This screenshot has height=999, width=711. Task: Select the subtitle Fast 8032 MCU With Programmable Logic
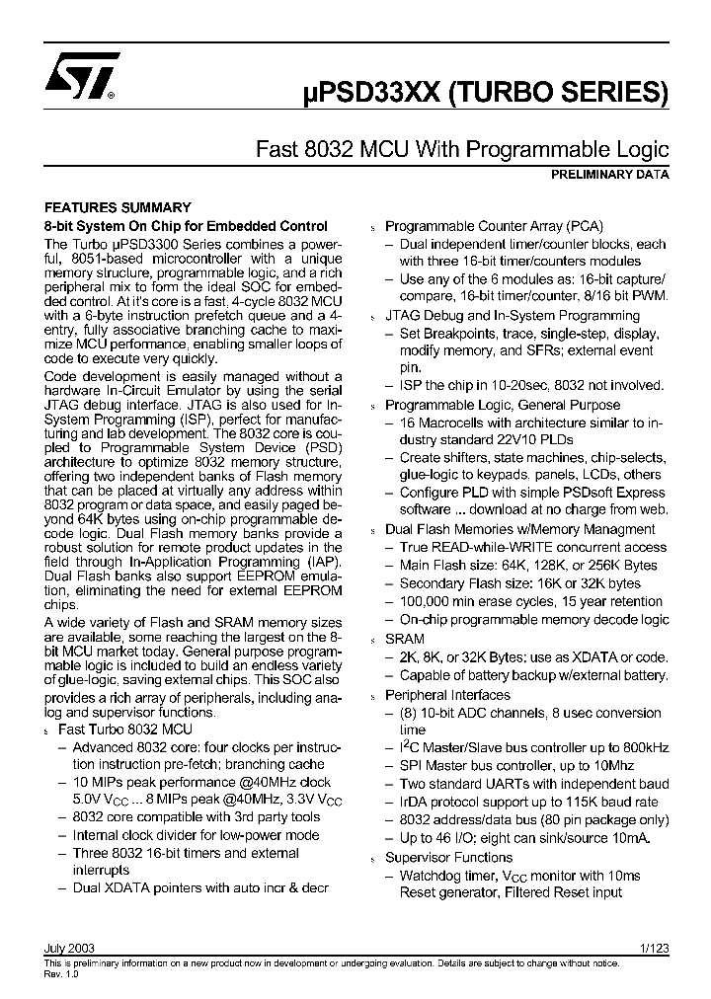pyautogui.click(x=462, y=150)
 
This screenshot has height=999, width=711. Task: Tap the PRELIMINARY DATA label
pyautogui.click(x=609, y=175)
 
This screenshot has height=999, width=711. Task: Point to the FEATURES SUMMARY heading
pyautogui.click(x=118, y=207)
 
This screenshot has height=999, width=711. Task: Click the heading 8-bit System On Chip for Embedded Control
pyautogui.click(x=187, y=225)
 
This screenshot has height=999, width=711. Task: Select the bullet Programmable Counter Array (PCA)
pyautogui.click(x=493, y=226)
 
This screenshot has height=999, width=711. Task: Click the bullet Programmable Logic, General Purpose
pyautogui.click(x=503, y=405)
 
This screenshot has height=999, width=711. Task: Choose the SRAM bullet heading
pyautogui.click(x=405, y=639)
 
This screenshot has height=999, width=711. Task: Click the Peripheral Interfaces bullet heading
pyautogui.click(x=447, y=694)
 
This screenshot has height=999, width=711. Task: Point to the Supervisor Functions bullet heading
pyautogui.click(x=448, y=857)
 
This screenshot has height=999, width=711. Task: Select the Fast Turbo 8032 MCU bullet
pyautogui.click(x=125, y=729)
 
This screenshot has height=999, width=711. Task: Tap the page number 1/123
pyautogui.click(x=654, y=948)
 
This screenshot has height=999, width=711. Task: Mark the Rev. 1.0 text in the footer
pyautogui.click(x=61, y=972)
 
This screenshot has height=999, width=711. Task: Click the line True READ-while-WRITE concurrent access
pyautogui.click(x=533, y=547)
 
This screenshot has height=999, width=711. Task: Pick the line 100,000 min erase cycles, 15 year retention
pyautogui.click(x=530, y=601)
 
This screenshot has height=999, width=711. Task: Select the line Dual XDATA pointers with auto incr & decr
pyautogui.click(x=199, y=887)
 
